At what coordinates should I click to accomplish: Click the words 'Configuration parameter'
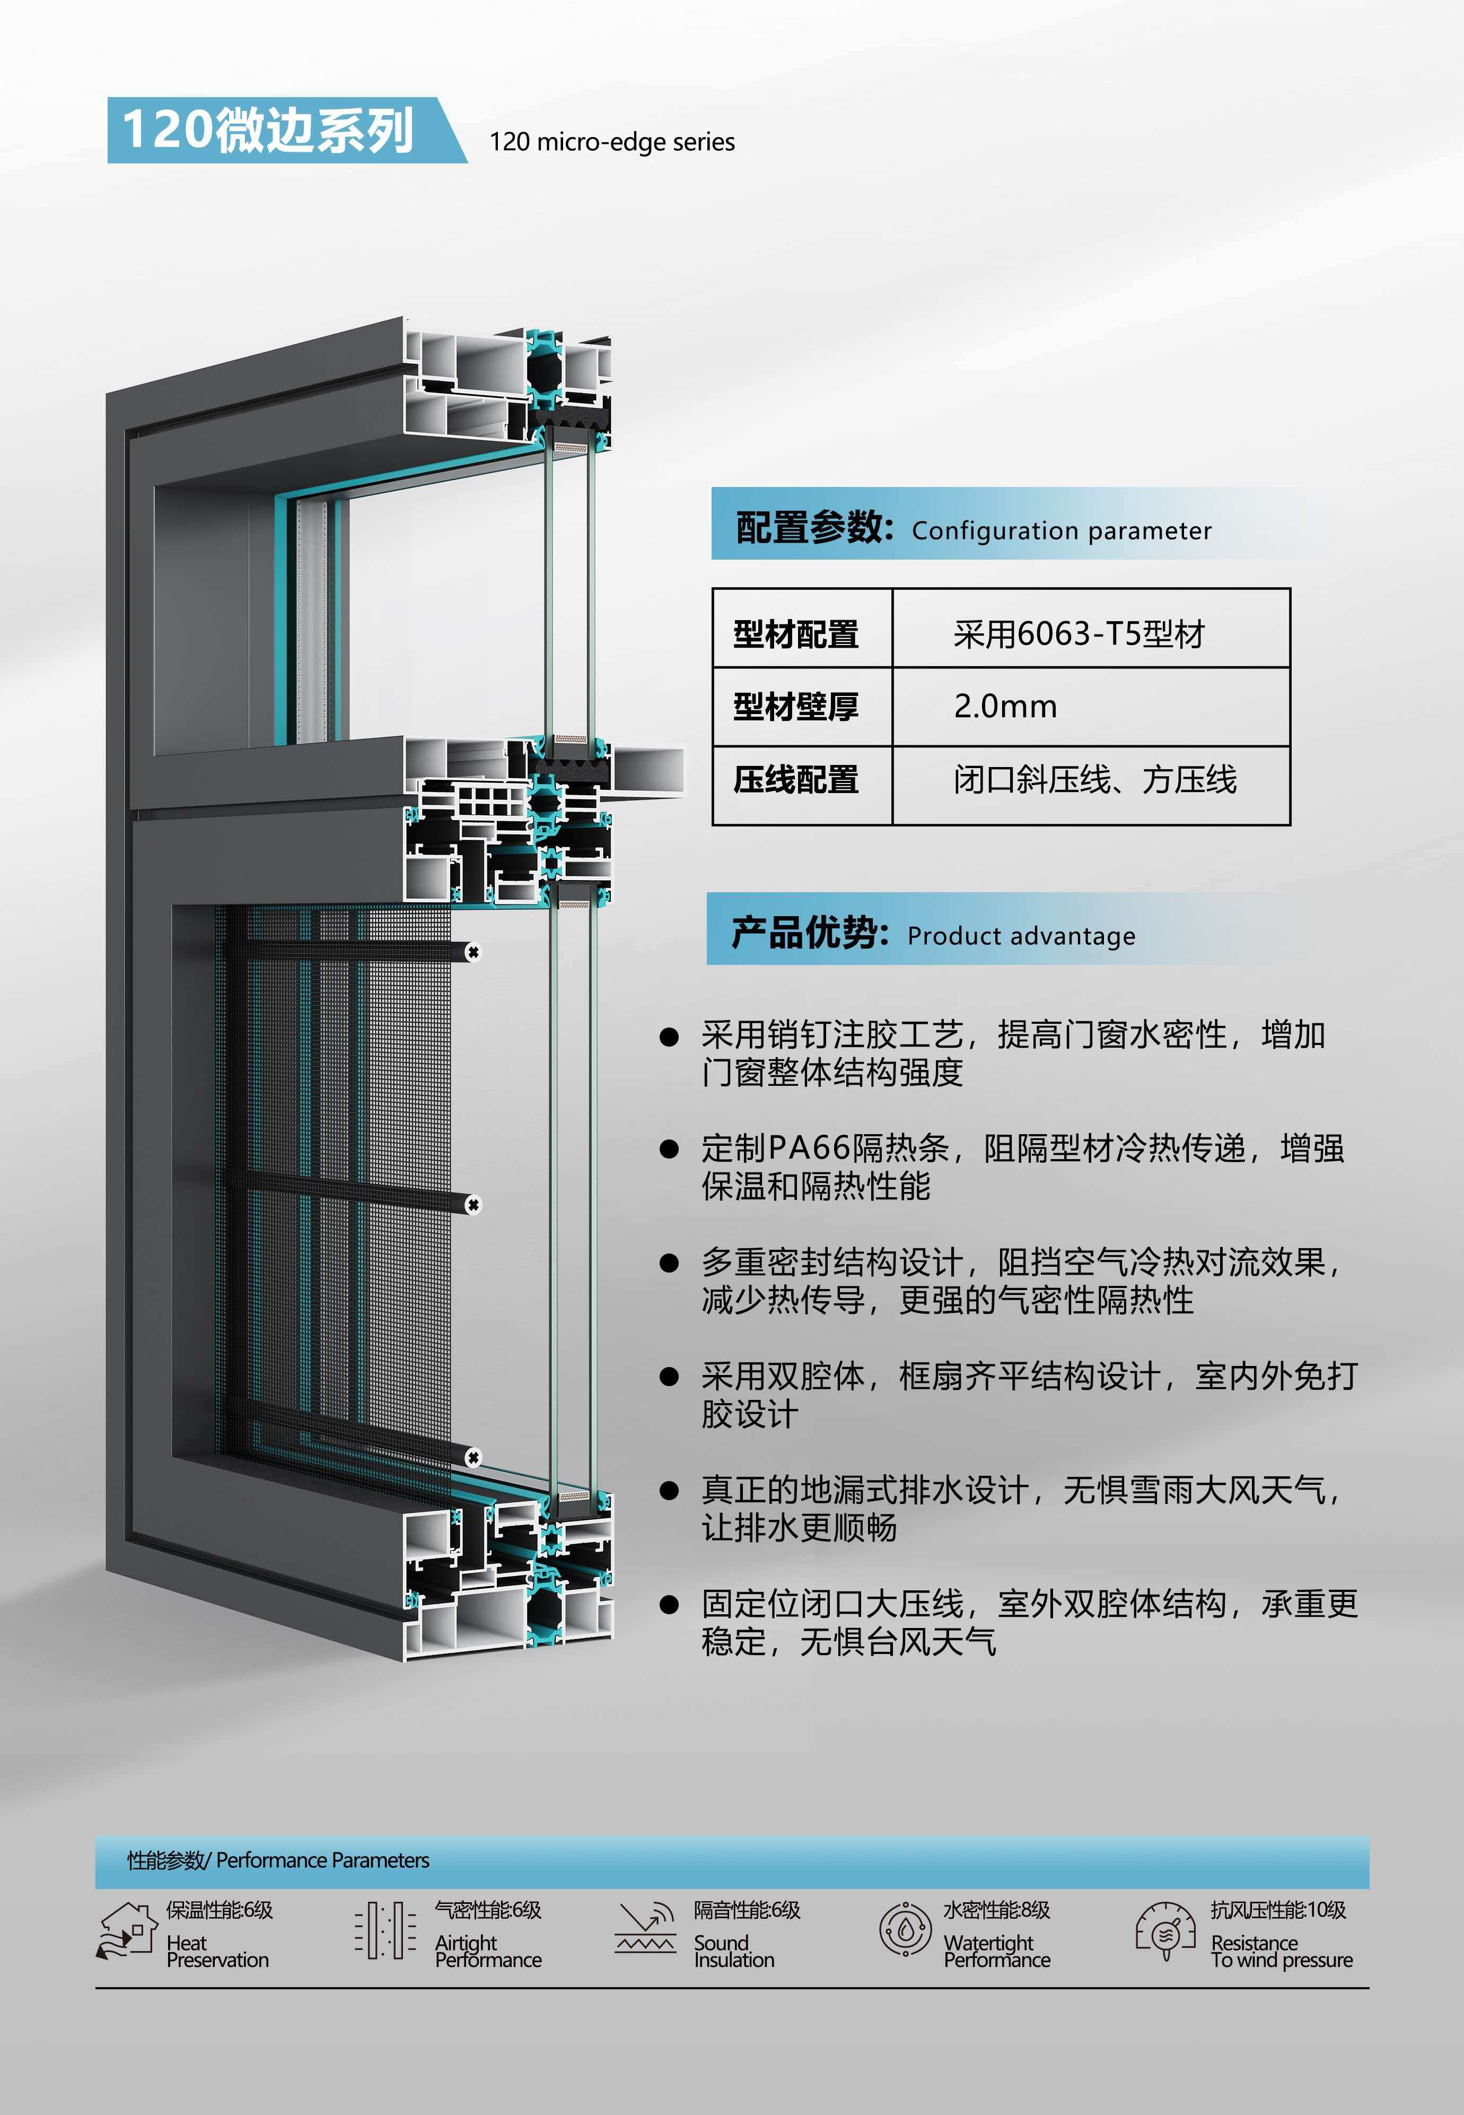[x=1062, y=530]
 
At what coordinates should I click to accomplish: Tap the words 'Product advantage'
[x=1021, y=936]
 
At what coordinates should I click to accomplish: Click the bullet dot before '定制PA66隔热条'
[x=669, y=1149]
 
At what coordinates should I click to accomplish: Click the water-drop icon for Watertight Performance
[x=905, y=1930]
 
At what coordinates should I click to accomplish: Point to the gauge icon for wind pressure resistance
[x=1165, y=1930]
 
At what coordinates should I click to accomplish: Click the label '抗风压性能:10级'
[x=1278, y=1910]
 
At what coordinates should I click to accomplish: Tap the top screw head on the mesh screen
[x=474, y=952]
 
